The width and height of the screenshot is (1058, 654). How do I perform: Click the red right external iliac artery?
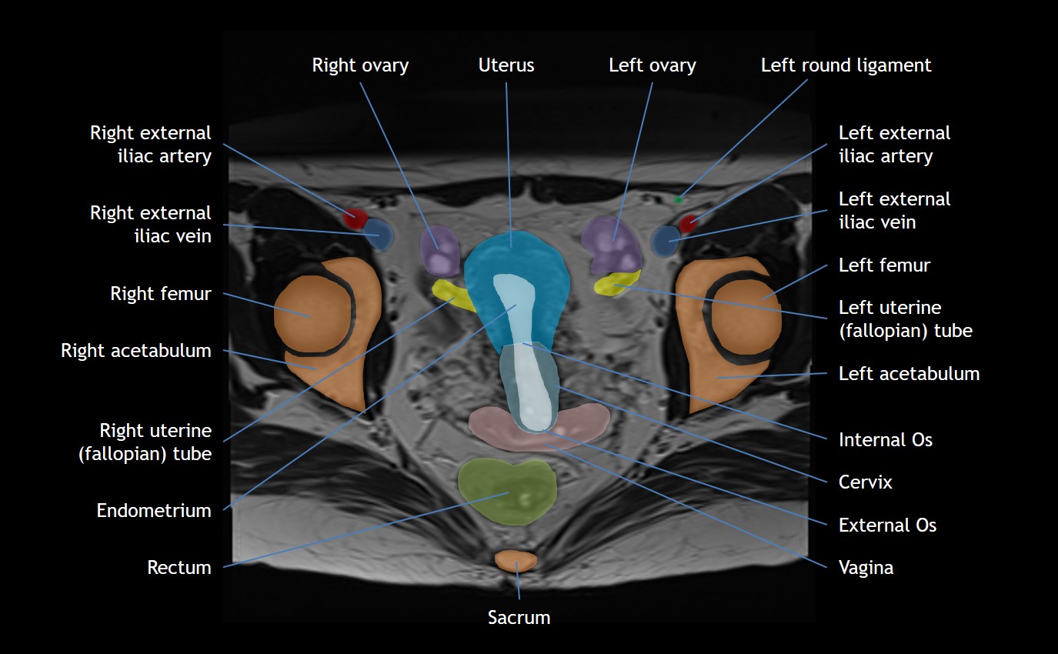coord(355,218)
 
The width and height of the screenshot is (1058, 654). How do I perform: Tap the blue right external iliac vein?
coord(379,234)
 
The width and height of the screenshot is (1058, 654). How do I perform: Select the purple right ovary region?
coord(439,249)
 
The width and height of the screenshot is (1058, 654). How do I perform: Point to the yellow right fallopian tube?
coord(452,295)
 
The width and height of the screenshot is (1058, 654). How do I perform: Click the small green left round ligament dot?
coord(679,200)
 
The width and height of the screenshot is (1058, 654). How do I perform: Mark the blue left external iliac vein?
coord(664,240)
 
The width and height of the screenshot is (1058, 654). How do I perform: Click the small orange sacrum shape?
coord(516,560)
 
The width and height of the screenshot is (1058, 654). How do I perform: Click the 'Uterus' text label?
coord(506,65)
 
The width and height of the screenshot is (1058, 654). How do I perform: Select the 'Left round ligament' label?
coord(846,65)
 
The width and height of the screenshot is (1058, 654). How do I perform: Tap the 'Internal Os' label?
coord(885,440)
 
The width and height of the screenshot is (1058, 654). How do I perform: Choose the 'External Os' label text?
coord(887,526)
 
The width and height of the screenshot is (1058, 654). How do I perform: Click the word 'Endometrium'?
coord(154,510)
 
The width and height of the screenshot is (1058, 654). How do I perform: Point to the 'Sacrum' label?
coord(519,617)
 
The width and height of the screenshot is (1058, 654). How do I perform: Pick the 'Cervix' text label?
coord(866,482)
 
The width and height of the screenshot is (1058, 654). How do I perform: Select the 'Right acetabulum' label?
coord(136,351)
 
